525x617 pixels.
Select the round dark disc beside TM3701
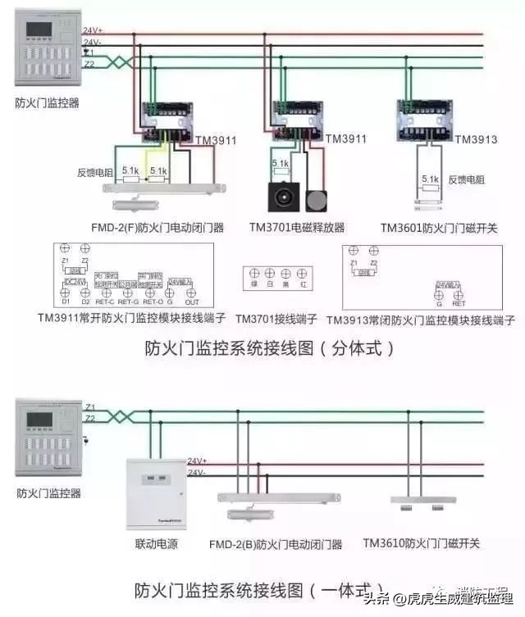(x=316, y=201)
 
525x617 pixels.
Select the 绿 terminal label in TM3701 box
(x=254, y=284)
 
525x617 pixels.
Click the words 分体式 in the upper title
(x=361, y=347)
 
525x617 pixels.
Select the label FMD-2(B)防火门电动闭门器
(x=277, y=543)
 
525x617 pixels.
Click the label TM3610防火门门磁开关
(x=422, y=543)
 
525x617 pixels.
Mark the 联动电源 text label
(x=156, y=544)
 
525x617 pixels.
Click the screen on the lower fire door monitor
(x=39, y=420)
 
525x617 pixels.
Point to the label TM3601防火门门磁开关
(x=439, y=228)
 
